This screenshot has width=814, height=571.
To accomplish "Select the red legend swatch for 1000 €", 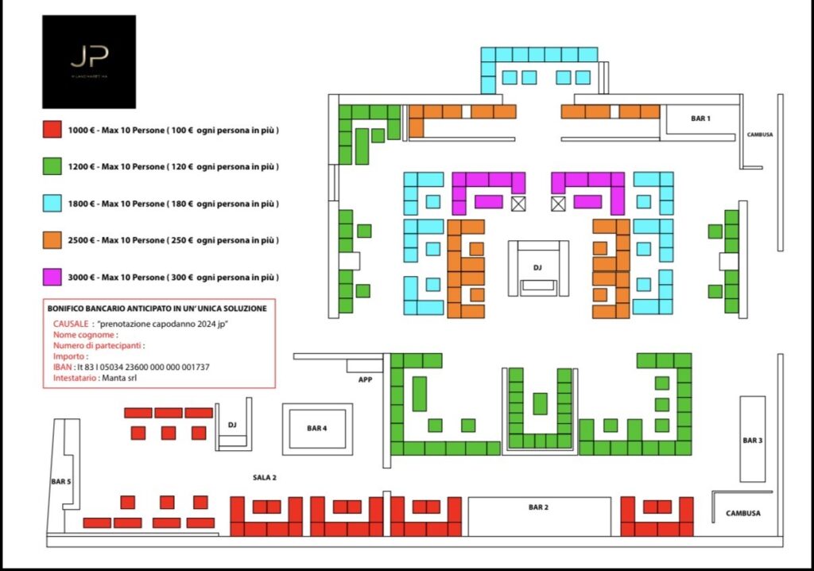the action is pyautogui.click(x=52, y=130).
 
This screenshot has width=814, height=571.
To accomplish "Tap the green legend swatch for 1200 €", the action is pyautogui.click(x=52, y=166).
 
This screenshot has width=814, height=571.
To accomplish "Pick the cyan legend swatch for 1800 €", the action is pyautogui.click(x=52, y=204).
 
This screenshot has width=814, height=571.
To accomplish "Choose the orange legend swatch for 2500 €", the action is pyautogui.click(x=52, y=240).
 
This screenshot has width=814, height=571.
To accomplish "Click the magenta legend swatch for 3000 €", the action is pyautogui.click(x=52, y=277).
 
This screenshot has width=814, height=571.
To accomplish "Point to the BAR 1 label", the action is pyautogui.click(x=700, y=118).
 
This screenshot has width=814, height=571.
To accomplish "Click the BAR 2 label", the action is pyautogui.click(x=538, y=507).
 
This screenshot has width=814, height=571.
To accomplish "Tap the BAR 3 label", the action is pyautogui.click(x=752, y=440).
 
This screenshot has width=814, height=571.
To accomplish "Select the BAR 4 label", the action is pyautogui.click(x=316, y=429).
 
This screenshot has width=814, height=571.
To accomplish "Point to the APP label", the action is pyautogui.click(x=365, y=380).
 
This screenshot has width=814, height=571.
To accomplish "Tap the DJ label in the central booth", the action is pyautogui.click(x=538, y=267).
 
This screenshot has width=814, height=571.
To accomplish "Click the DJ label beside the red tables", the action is pyautogui.click(x=232, y=425).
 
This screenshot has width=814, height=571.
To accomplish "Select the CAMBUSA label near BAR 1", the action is pyautogui.click(x=760, y=135).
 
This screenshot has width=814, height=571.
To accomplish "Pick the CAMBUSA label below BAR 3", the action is pyautogui.click(x=742, y=514).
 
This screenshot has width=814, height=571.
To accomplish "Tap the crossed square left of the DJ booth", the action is pyautogui.click(x=519, y=204).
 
